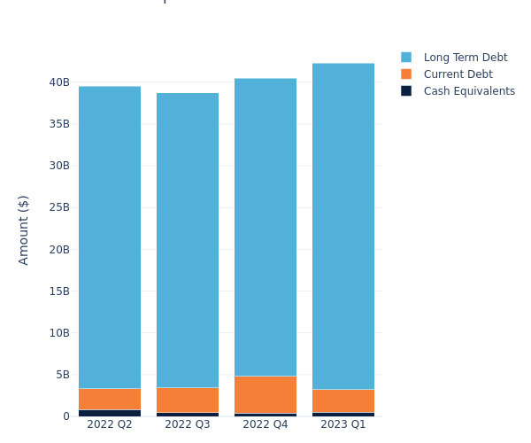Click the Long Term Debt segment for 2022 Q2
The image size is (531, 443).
coord(110,237)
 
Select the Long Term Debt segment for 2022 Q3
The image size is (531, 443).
coord(188,240)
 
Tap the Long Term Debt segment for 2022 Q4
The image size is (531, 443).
coord(265,227)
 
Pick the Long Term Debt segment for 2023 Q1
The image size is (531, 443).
coord(343,226)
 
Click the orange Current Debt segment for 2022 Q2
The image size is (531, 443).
coord(110,399)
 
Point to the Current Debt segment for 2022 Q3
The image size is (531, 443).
coord(188,400)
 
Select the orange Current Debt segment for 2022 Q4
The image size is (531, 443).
coord(265,394)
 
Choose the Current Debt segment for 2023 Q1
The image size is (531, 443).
coord(343,400)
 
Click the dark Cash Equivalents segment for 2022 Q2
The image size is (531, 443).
coord(110,413)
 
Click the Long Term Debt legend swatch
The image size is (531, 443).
coord(406,58)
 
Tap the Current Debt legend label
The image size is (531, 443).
coord(458,74)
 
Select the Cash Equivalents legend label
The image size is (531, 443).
coord(469,91)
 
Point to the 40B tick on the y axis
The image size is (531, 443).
coord(59,82)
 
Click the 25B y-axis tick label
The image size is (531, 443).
coord(59,207)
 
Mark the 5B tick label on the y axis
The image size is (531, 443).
coord(63,375)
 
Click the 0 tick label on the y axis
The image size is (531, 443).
coord(65,416)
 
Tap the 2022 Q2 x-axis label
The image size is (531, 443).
coord(110,424)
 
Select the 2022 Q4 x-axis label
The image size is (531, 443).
coord(265,424)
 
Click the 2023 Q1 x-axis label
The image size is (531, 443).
coord(343,424)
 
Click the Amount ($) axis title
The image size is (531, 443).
coord(24,229)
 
